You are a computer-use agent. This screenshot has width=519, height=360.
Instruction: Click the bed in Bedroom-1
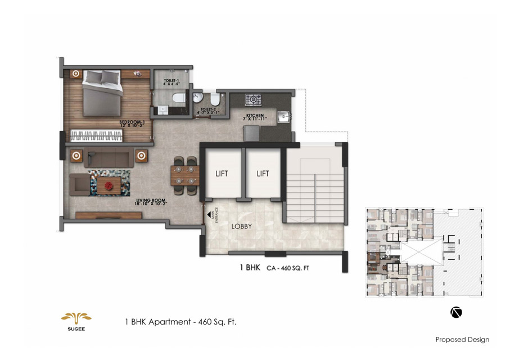pos(102,93)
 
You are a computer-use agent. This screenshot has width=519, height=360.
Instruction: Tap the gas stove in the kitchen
pos(254,100)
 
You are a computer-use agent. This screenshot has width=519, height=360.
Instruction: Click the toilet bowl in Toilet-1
pos(178,98)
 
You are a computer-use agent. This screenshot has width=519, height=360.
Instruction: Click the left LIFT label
pos(222,174)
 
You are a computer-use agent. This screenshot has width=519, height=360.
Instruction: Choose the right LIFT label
pos(263,174)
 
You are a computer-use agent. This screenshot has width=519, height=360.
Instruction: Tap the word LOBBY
pos(241,227)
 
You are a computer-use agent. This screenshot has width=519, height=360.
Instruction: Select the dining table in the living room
pos(184,174)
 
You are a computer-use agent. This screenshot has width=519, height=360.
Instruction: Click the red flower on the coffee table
pos(108,183)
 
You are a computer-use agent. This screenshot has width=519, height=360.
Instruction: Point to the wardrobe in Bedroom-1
pos(96,136)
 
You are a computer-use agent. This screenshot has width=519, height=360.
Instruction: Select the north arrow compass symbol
pos(456,312)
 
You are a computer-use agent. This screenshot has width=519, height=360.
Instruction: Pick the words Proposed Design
pos(462,339)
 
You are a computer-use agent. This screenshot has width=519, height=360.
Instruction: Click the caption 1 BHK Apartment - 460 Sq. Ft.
pos(184,322)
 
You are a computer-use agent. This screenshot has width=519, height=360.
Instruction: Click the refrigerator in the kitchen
pos(251,133)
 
